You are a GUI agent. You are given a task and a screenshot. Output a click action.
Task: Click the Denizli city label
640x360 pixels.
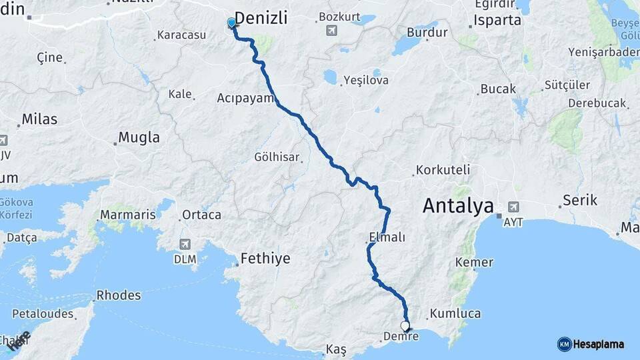pos(261,19)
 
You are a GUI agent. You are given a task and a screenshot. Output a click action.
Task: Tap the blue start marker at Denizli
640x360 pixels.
pos(231,23)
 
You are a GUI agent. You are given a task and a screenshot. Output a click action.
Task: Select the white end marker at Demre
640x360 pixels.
pos(405,326)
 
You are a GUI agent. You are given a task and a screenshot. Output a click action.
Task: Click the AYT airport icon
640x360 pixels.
pos(513,207)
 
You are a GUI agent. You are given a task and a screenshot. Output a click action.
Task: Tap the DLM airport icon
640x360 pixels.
pos(185,244)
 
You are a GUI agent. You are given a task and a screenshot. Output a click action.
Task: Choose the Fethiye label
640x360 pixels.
pos(265,258)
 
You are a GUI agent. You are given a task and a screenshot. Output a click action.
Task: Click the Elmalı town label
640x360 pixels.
pos(387,237)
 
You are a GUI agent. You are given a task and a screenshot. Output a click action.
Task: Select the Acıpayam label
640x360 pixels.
pos(245,98)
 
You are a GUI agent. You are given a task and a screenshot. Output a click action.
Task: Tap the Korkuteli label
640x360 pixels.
pos(443,170)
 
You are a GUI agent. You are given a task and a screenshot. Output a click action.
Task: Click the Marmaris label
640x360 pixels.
pos(127,215)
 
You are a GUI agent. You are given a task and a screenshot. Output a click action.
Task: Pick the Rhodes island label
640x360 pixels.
pos(119,295)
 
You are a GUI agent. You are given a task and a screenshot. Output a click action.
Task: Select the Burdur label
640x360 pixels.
pos(423,31)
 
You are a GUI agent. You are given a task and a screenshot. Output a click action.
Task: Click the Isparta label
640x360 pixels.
pos(497,20)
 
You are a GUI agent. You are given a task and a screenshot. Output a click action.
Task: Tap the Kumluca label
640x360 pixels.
pos(455,313)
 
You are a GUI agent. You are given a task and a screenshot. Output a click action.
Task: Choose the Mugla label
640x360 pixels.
pos(139,138)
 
